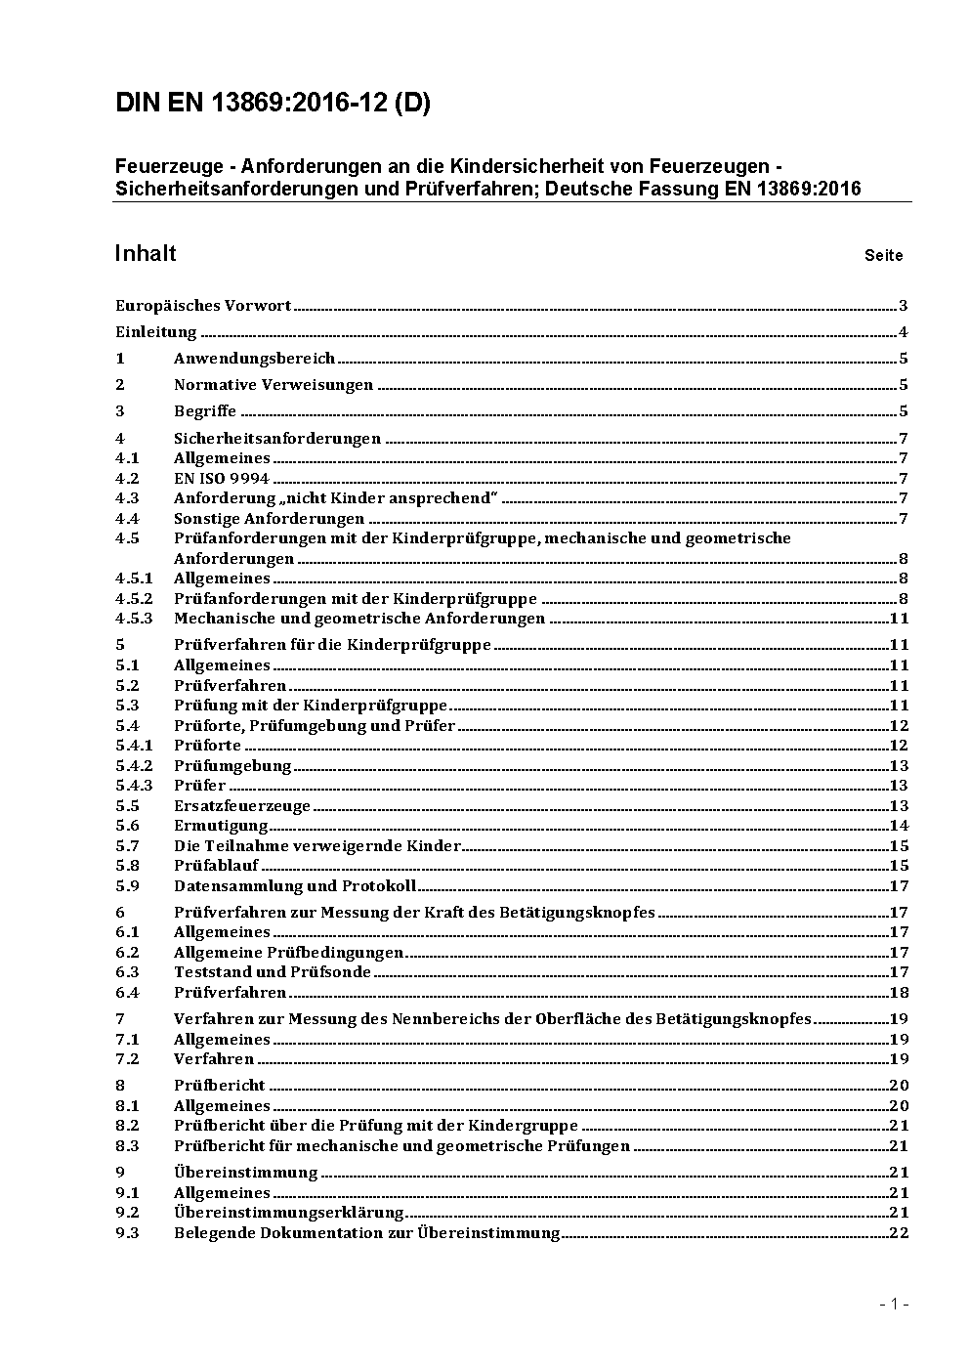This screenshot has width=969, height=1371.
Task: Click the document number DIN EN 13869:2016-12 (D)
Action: click(273, 104)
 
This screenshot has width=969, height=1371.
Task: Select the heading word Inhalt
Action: click(146, 254)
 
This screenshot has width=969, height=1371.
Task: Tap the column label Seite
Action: click(883, 256)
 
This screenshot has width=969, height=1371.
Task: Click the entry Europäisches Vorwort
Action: click(203, 306)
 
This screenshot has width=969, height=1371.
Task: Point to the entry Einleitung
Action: click(156, 332)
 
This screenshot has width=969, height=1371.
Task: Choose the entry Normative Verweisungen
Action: click(274, 385)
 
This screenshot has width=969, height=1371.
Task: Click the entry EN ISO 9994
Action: click(222, 479)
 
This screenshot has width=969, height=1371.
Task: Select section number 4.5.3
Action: click(134, 619)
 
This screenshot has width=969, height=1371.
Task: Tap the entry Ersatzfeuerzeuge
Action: click(242, 806)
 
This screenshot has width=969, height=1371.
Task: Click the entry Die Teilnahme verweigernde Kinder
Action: click(317, 846)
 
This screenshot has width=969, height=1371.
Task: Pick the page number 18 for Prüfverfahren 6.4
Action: click(899, 993)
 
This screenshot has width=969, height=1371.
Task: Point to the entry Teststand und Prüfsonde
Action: click(273, 972)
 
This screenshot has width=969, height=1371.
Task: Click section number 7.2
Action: click(127, 1059)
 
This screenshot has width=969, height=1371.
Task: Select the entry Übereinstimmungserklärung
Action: click(289, 1213)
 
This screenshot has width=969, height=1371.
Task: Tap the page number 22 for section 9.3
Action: click(899, 1233)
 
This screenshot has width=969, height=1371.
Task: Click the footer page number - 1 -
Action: click(894, 1304)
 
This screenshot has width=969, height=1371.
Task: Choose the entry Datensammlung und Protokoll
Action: click(295, 886)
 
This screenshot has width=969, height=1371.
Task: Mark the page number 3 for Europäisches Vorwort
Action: click(904, 306)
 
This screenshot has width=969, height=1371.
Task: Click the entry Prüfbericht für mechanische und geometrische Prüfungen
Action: click(401, 1146)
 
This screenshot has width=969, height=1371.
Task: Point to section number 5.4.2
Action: click(134, 766)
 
